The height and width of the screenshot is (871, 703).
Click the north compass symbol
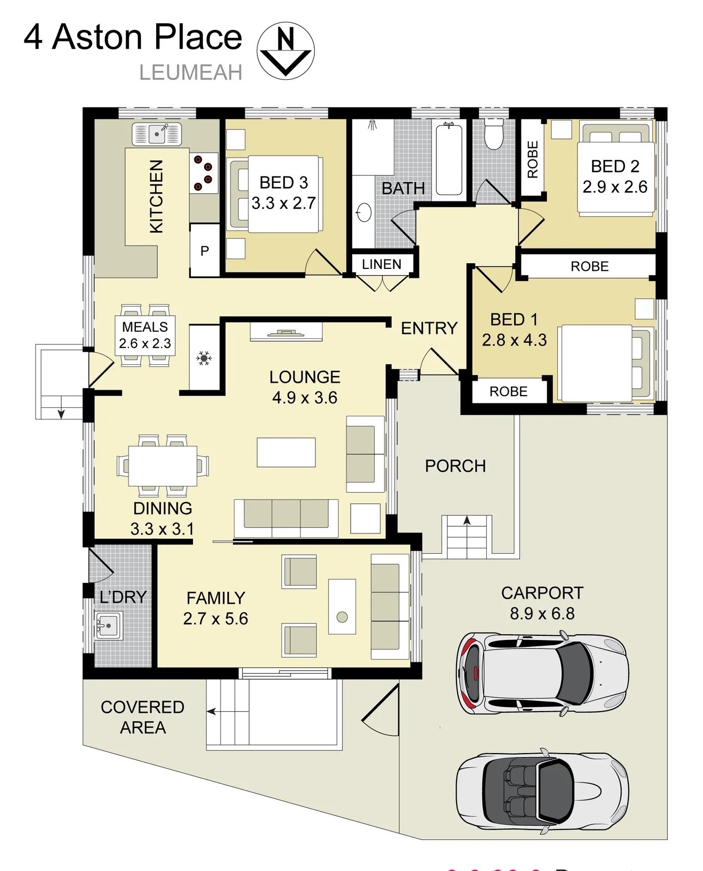pos(285,51)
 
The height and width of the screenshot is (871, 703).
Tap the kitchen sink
pos(157,134)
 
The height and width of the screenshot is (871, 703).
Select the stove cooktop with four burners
pos(203,173)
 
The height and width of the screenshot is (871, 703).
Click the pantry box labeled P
pos(205,251)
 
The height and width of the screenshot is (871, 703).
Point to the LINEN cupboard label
pos(381,264)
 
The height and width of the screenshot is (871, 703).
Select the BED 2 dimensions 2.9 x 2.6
pos(615,187)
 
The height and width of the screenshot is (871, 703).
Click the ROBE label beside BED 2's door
pos(533,159)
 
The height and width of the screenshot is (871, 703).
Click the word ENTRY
pos(429,328)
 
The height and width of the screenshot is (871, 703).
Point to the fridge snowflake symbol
pos(204,358)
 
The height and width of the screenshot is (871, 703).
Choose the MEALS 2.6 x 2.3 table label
pos(145,335)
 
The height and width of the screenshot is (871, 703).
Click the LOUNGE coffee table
pos(286,452)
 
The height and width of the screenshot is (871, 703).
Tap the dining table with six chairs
pos(162,465)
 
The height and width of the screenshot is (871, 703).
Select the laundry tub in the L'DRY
pos(108,625)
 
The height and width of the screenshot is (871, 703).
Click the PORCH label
pos(455,466)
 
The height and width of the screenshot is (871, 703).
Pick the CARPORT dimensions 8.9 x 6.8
pos(542,614)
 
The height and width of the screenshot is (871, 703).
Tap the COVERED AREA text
pos(143,717)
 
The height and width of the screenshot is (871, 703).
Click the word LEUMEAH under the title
pos(190,73)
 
